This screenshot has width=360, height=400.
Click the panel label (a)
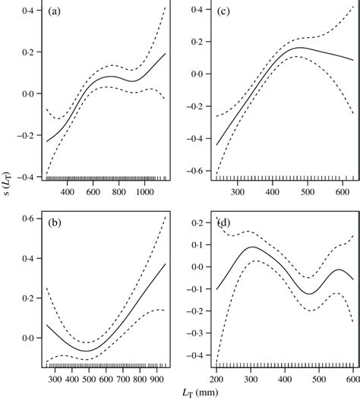(55, 13)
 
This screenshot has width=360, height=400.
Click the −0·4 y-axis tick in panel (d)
(197, 355)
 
